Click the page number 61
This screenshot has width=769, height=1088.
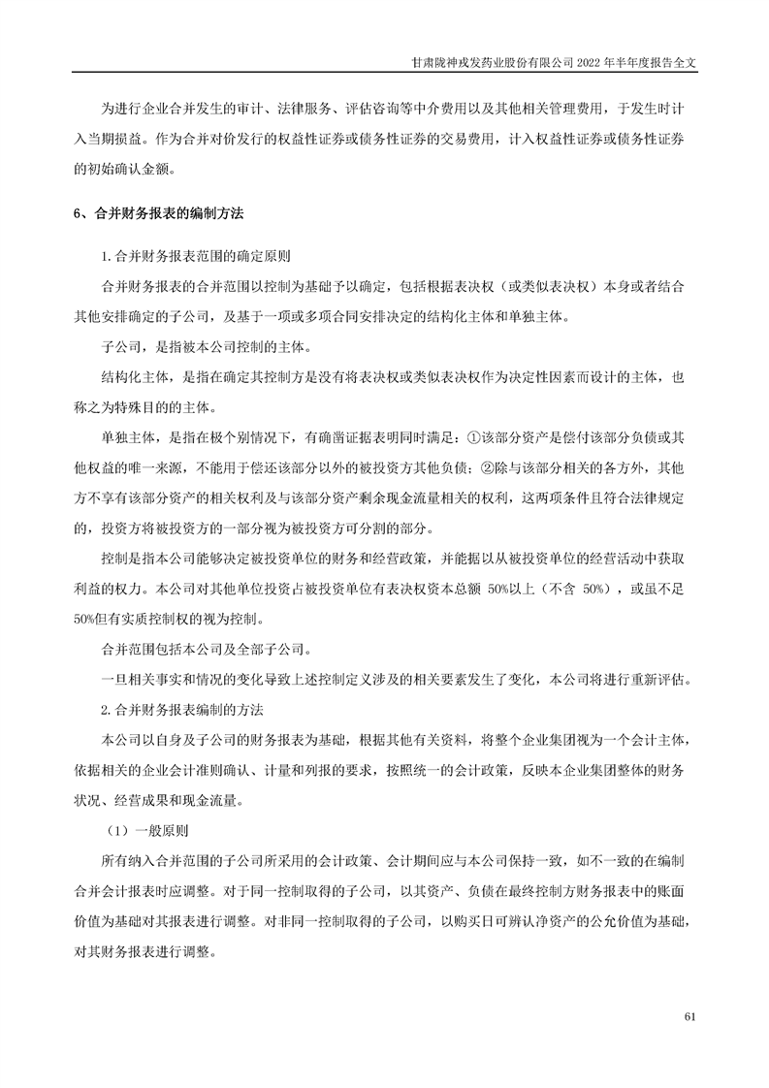(690, 1017)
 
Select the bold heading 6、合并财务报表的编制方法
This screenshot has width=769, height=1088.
(163, 213)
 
